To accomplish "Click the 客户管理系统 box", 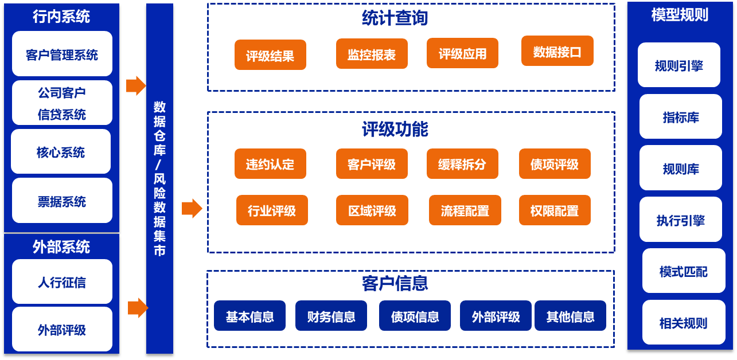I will coord(62,54).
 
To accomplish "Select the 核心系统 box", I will coord(61,152).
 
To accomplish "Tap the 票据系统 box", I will coord(62,201).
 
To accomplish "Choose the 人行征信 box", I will coord(62,282).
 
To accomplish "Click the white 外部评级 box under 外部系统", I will coord(62,330).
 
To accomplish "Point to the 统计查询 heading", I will coord(395,18).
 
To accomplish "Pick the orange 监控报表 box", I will coord(372,54).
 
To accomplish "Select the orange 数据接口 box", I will coord(557,52).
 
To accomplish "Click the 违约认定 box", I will coord(270,165).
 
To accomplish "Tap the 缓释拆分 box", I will coord(462,165).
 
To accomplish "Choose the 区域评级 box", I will coord(372,210).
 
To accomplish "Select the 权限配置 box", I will coord(555,210).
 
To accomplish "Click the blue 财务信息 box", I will coord(331,316).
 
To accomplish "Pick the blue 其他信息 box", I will coord(570,316).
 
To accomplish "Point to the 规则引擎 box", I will coord(678,65).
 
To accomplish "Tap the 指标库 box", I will coord(681,117).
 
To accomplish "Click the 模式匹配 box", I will coord(683,271).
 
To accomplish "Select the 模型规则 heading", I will coord(680,15).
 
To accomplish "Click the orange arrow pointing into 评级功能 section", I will coord(192,209).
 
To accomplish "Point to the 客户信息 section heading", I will coord(395,283).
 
